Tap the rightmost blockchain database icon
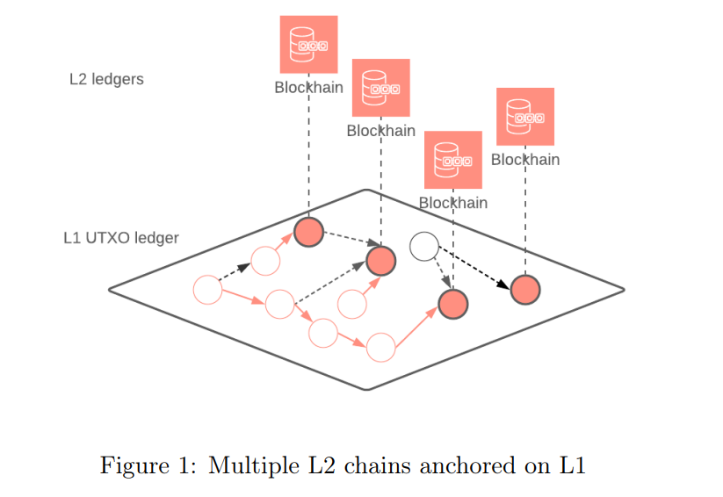(x=524, y=116)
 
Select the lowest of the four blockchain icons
(x=452, y=160)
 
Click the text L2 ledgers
(x=106, y=79)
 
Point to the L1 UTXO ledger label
(x=121, y=238)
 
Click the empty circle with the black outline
(x=424, y=247)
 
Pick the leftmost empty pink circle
(x=207, y=289)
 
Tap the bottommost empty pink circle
(x=380, y=347)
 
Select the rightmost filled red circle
(x=524, y=289)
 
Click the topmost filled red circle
(x=308, y=232)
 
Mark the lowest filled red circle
(x=453, y=304)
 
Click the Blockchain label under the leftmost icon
(x=308, y=88)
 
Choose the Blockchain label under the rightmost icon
(x=524, y=160)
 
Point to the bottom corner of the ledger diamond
(x=367, y=388)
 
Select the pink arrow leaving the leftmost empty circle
(x=242, y=297)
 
